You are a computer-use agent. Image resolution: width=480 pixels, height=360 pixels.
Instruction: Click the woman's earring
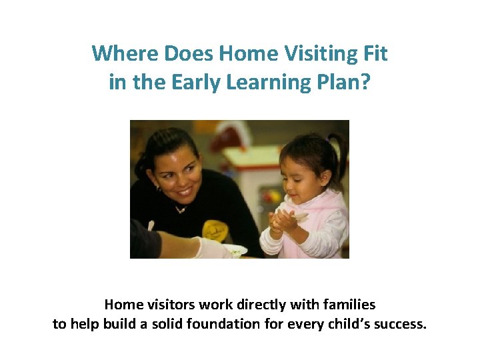pyautogui.click(x=157, y=188)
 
